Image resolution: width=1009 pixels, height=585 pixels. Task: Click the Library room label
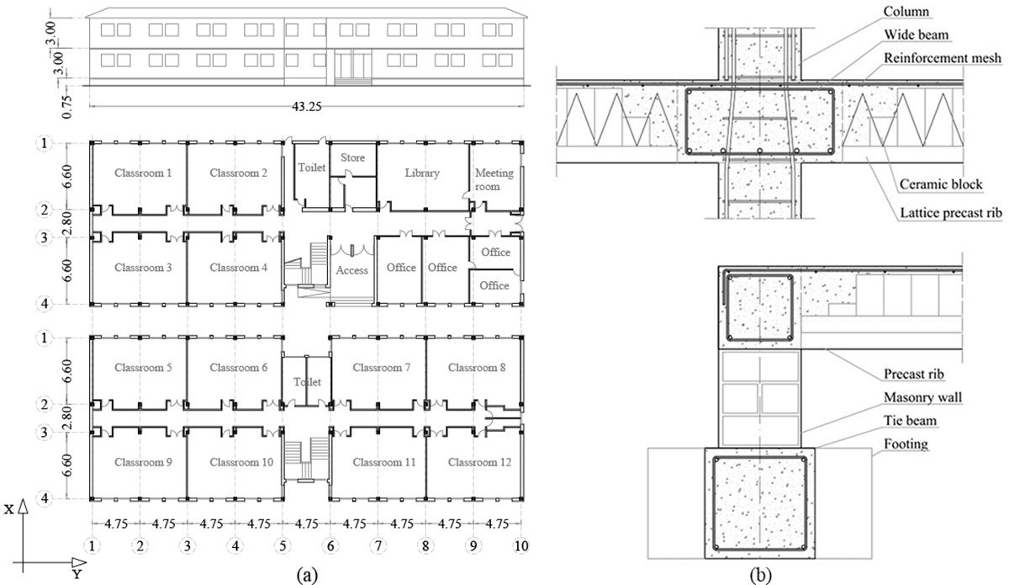(422, 173)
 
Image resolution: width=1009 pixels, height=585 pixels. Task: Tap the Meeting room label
(494, 179)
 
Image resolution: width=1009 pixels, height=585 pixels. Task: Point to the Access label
(351, 270)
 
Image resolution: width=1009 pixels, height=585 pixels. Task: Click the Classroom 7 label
(382, 368)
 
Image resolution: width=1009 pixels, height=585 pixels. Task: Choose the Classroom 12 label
(477, 462)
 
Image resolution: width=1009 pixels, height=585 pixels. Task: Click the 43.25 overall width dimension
(307, 106)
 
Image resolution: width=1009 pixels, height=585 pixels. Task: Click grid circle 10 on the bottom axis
(522, 545)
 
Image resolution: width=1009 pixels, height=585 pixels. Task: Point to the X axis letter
(8, 508)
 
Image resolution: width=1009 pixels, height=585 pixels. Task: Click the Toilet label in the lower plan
(307, 382)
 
